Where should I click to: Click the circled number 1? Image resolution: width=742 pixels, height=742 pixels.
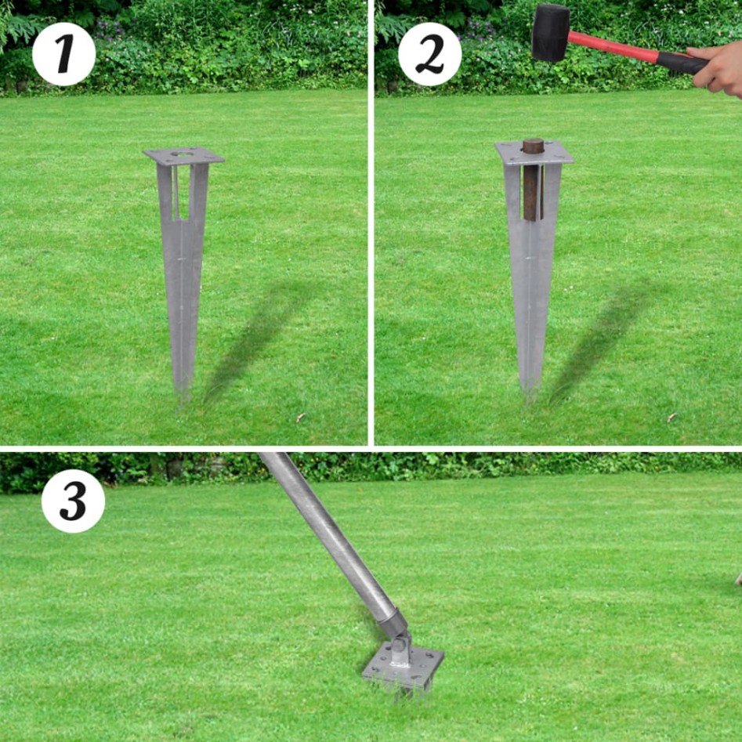click(x=63, y=54)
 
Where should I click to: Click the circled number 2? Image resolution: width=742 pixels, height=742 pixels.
click(x=429, y=54)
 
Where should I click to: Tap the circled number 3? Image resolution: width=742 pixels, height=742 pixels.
click(x=73, y=501)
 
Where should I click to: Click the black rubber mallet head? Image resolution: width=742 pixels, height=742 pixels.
click(x=551, y=32)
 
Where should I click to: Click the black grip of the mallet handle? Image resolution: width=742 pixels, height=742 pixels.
click(x=680, y=62)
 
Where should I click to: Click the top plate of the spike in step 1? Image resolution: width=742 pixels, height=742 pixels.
click(x=184, y=156)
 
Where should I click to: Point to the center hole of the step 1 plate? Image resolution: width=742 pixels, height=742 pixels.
click(x=183, y=154)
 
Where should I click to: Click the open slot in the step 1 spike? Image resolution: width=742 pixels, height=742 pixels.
click(x=183, y=192)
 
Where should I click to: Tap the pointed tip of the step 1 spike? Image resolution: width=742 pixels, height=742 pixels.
click(x=183, y=392)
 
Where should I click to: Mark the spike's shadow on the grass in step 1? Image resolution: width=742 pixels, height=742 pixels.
click(x=251, y=337)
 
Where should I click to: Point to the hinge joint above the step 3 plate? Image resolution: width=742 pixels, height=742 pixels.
click(x=398, y=639)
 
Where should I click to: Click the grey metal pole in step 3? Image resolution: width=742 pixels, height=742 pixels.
click(x=329, y=533)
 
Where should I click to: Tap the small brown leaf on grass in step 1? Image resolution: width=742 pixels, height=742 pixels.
click(x=301, y=418)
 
